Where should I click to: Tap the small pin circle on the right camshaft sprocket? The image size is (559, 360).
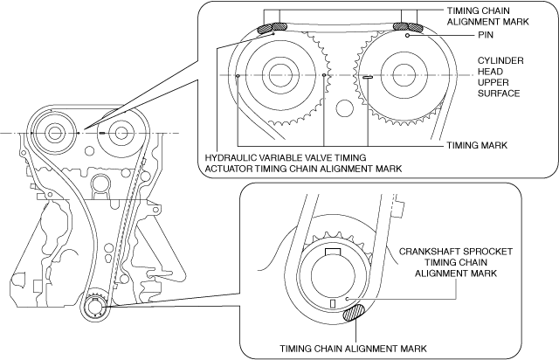pos(408,38)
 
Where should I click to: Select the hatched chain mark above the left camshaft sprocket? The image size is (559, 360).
pos(267,30)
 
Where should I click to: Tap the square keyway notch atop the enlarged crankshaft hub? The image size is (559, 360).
pos(332,253)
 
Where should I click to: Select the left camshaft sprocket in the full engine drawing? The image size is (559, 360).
pos(55,134)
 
